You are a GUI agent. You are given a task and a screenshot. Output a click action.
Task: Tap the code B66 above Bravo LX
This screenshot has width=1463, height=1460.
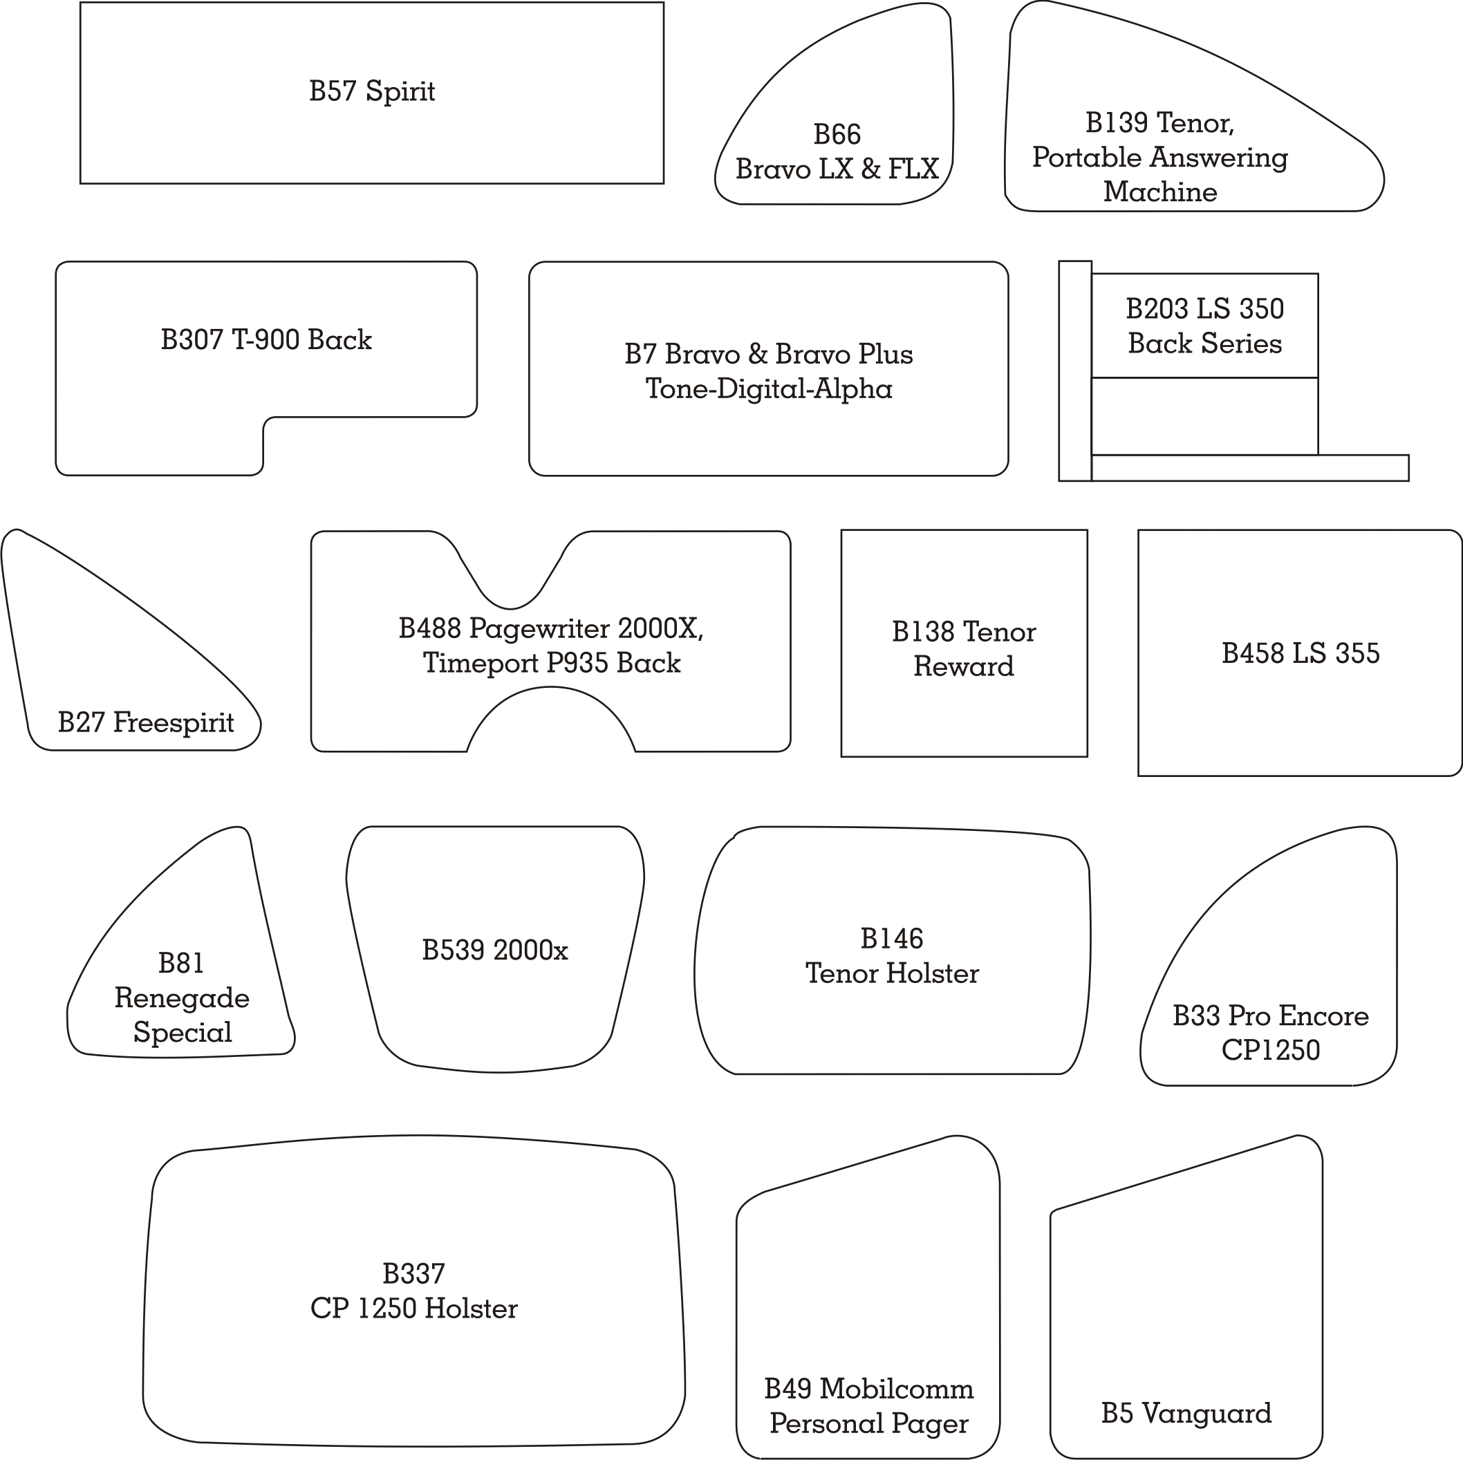837,135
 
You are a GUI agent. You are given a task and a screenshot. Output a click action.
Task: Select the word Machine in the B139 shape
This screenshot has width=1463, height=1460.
1159,191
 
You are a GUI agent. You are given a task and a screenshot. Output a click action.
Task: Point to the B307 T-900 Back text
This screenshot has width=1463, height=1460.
265,340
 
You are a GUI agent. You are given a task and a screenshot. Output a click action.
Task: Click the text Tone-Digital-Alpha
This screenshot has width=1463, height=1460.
769,389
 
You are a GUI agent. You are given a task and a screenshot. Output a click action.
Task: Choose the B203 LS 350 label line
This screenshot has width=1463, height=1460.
1204,309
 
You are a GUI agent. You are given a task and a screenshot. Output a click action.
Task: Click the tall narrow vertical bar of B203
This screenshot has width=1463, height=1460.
1074,371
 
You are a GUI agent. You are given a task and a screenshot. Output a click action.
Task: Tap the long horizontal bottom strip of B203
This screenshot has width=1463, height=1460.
1249,468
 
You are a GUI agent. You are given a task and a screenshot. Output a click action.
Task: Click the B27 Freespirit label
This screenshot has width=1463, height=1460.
146,723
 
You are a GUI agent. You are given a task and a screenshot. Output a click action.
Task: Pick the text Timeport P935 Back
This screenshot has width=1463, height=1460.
551,664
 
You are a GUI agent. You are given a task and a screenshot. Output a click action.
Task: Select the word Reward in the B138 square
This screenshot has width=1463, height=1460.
963,666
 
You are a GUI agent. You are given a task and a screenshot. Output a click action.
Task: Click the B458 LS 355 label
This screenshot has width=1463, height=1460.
1301,653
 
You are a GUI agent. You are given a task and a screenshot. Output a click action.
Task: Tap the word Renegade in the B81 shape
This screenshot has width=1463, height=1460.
182,998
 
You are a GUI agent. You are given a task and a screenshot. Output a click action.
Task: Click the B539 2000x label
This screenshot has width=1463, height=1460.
494,951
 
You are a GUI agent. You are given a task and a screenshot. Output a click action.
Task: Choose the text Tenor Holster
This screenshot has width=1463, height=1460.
892,974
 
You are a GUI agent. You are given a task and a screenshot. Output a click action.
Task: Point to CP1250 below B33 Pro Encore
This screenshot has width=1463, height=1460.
1271,1050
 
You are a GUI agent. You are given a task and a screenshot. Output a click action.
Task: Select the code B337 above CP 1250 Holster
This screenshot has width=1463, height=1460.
413,1275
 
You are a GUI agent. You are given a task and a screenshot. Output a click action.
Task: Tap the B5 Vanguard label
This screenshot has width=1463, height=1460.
1186,1414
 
